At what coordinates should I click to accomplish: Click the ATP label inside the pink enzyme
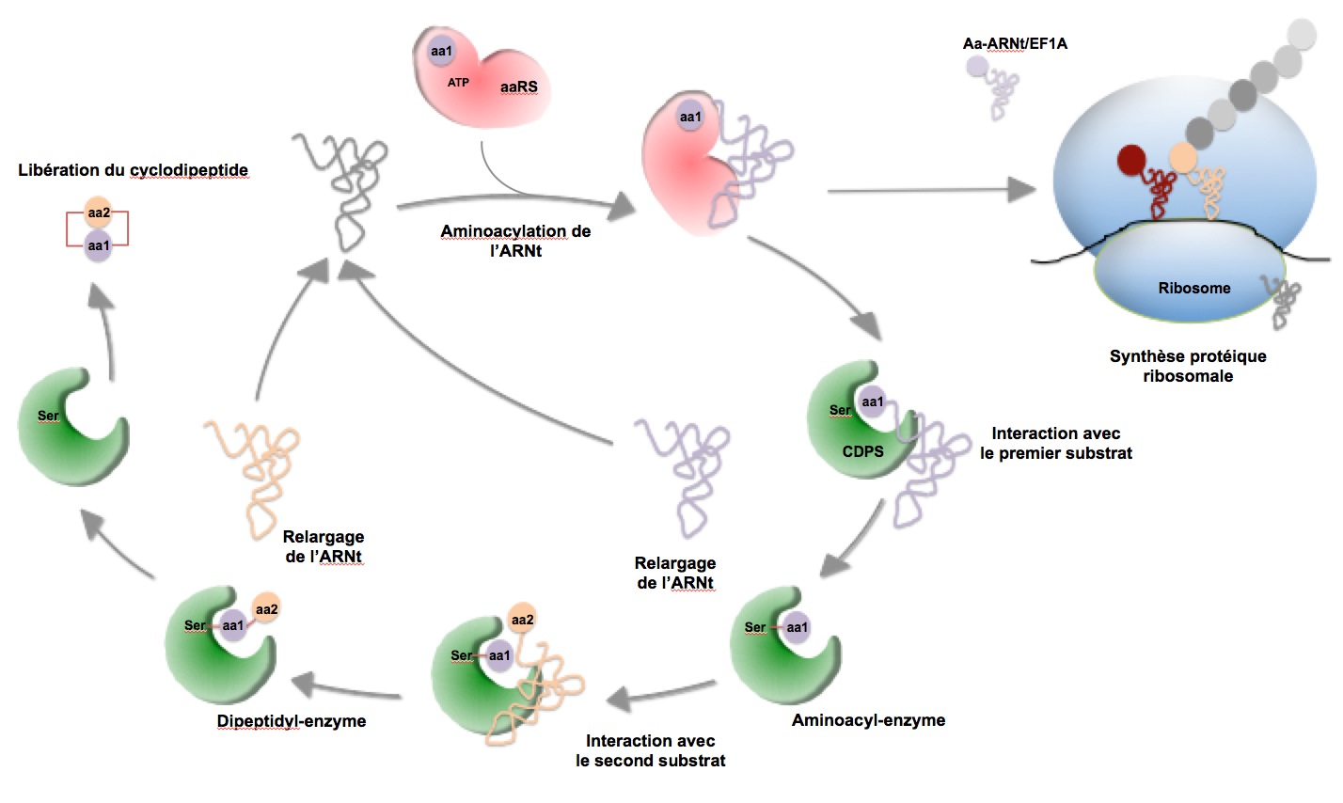(458, 83)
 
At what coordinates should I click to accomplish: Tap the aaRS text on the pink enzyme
(518, 87)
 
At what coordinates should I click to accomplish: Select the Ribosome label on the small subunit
(1193, 288)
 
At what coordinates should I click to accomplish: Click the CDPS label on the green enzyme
(862, 451)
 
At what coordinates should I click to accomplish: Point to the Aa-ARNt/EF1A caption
(1015, 43)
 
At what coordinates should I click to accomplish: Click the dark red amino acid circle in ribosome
(1132, 160)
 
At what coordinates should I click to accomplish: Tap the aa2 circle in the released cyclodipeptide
(98, 213)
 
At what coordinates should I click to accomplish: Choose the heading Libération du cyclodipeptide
(133, 170)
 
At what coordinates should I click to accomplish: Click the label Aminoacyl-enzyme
(868, 720)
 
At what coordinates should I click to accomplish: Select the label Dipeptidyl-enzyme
(291, 721)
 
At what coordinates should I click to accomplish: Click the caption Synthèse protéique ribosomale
(1188, 366)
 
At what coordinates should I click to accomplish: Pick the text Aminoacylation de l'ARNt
(515, 241)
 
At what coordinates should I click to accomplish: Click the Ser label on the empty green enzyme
(48, 416)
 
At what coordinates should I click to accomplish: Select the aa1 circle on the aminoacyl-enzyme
(797, 627)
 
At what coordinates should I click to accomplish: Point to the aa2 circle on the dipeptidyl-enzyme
(266, 609)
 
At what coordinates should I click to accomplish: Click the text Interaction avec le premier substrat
(1055, 443)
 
